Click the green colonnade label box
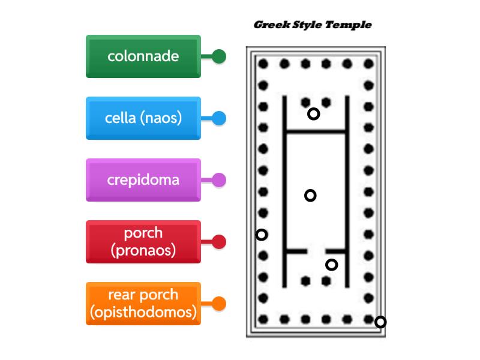point(143,56)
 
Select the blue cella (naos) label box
point(143,118)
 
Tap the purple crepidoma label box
point(143,180)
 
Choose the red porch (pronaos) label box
point(143,242)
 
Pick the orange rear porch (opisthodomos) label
point(143,304)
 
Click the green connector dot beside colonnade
point(219,56)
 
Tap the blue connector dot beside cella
point(219,118)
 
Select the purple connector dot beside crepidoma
point(219,180)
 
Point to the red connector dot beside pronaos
point(219,242)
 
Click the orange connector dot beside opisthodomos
point(219,304)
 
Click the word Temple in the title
point(349,25)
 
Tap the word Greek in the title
point(272,25)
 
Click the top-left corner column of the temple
point(263,64)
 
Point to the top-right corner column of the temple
point(369,64)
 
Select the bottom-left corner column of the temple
point(263,320)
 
